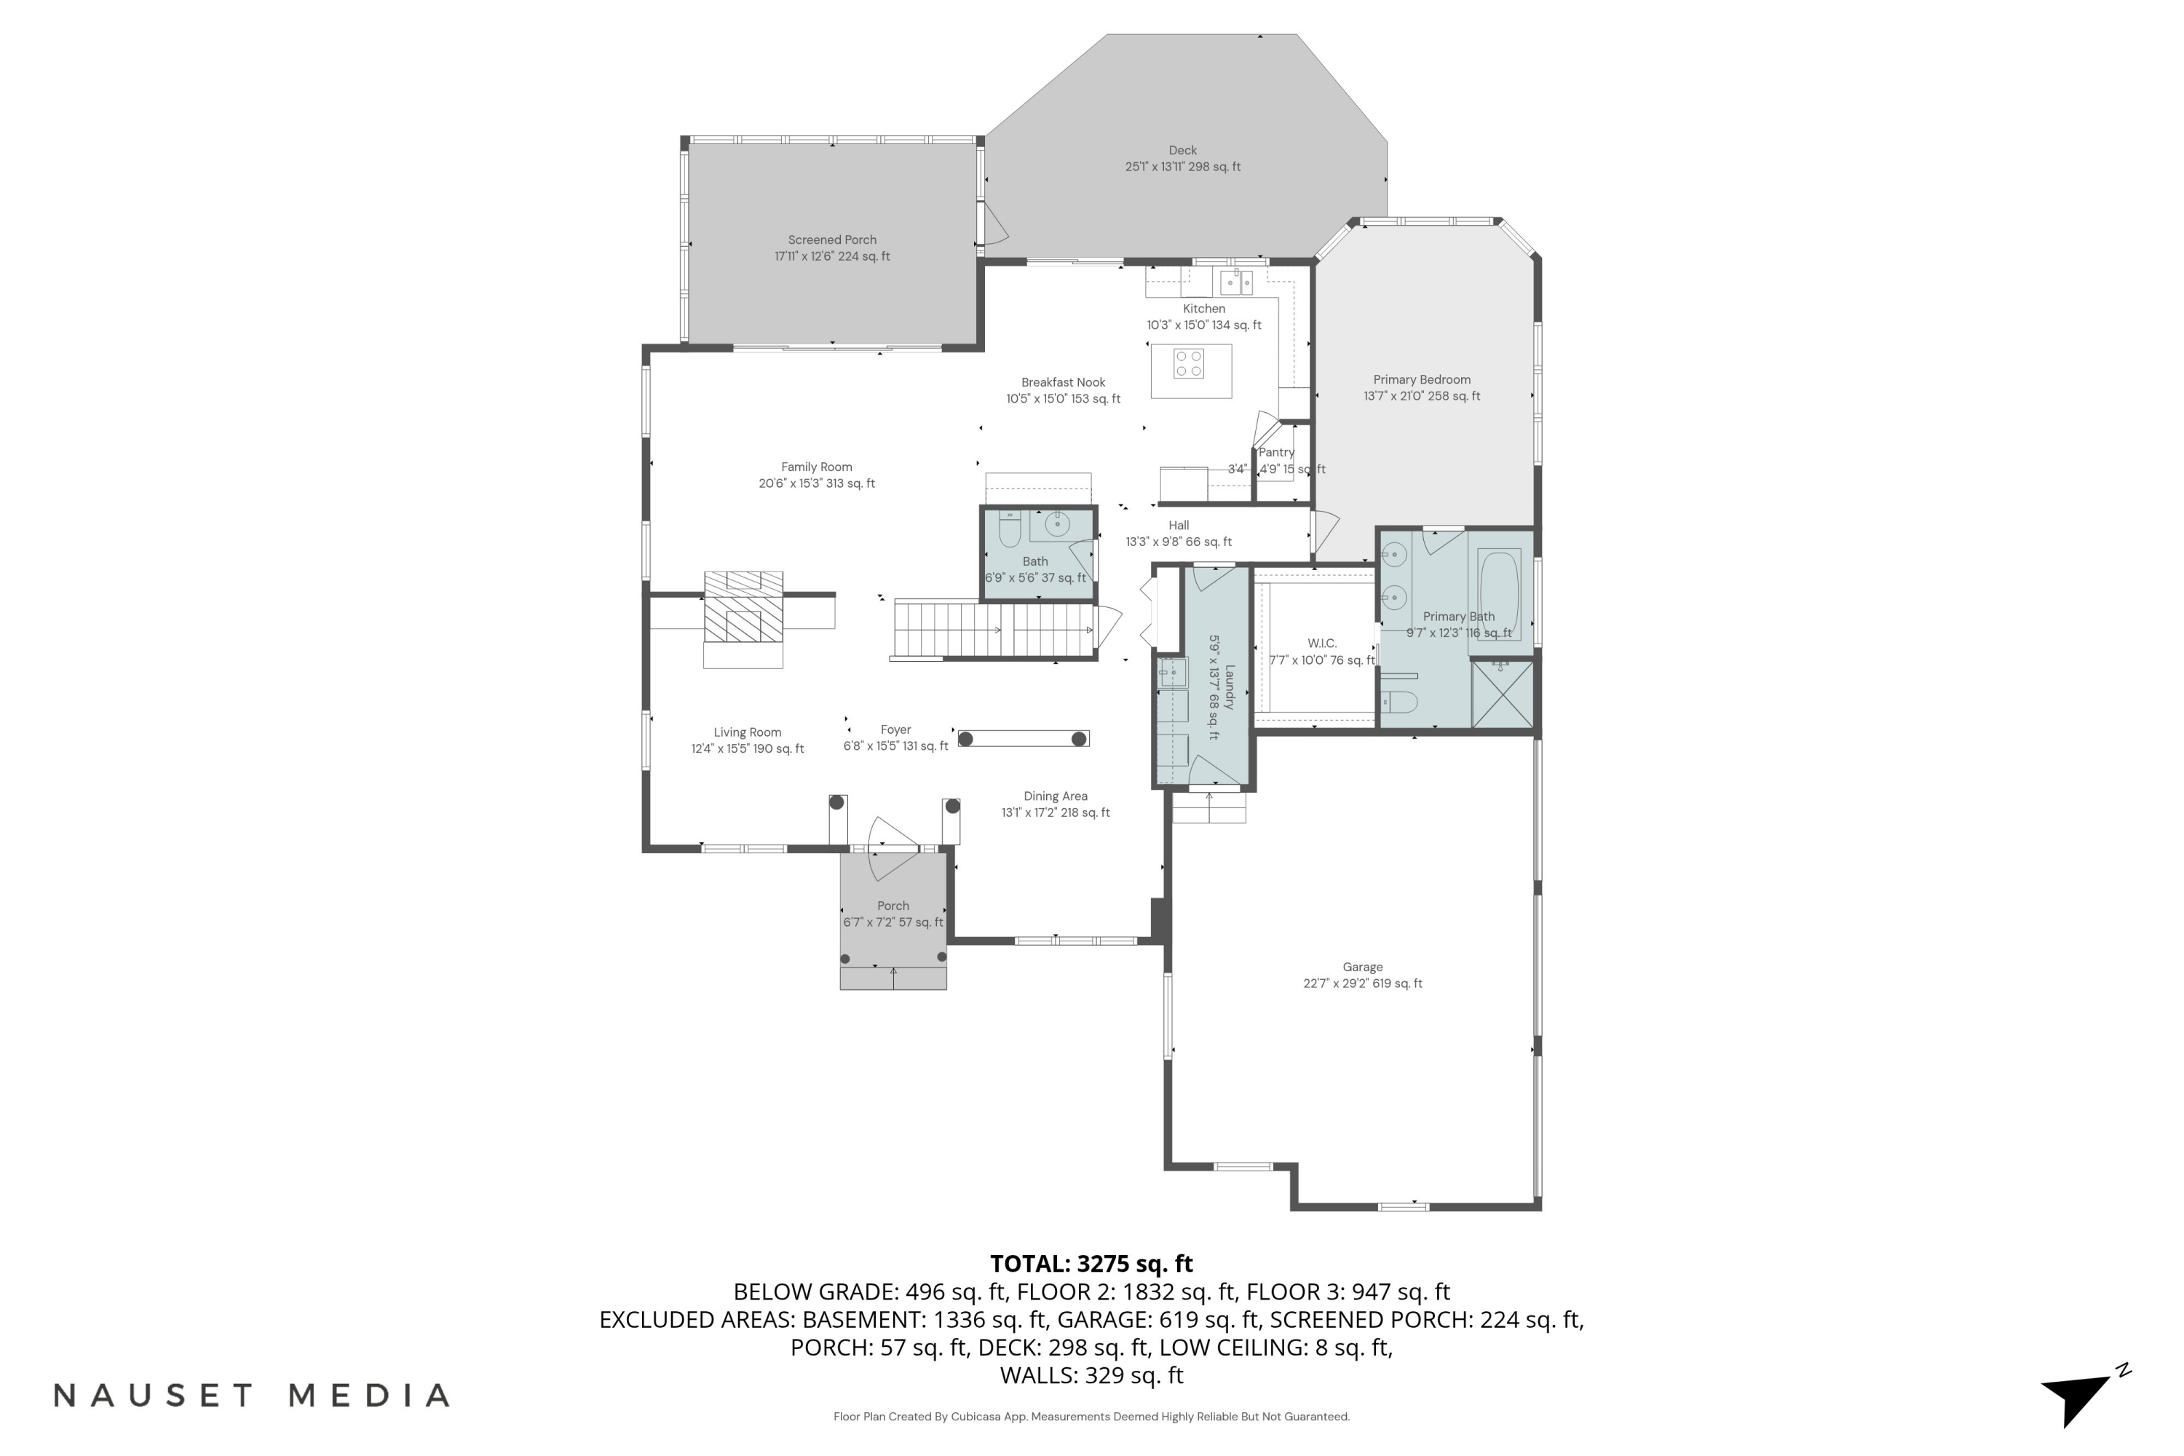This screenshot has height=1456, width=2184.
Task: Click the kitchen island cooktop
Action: [1189, 363]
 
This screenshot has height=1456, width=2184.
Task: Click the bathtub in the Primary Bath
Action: [1497, 590]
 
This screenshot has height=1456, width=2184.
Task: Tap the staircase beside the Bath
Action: [994, 630]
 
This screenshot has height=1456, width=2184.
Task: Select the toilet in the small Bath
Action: [1009, 530]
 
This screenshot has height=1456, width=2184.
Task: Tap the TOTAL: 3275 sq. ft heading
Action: [1091, 1264]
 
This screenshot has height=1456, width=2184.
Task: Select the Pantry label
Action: [1276, 452]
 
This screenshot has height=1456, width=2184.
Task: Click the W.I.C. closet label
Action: [1321, 644]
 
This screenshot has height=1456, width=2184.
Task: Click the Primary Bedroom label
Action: [1422, 380]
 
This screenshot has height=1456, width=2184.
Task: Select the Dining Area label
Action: [1055, 796]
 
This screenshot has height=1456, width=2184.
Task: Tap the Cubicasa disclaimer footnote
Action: [1091, 1417]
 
